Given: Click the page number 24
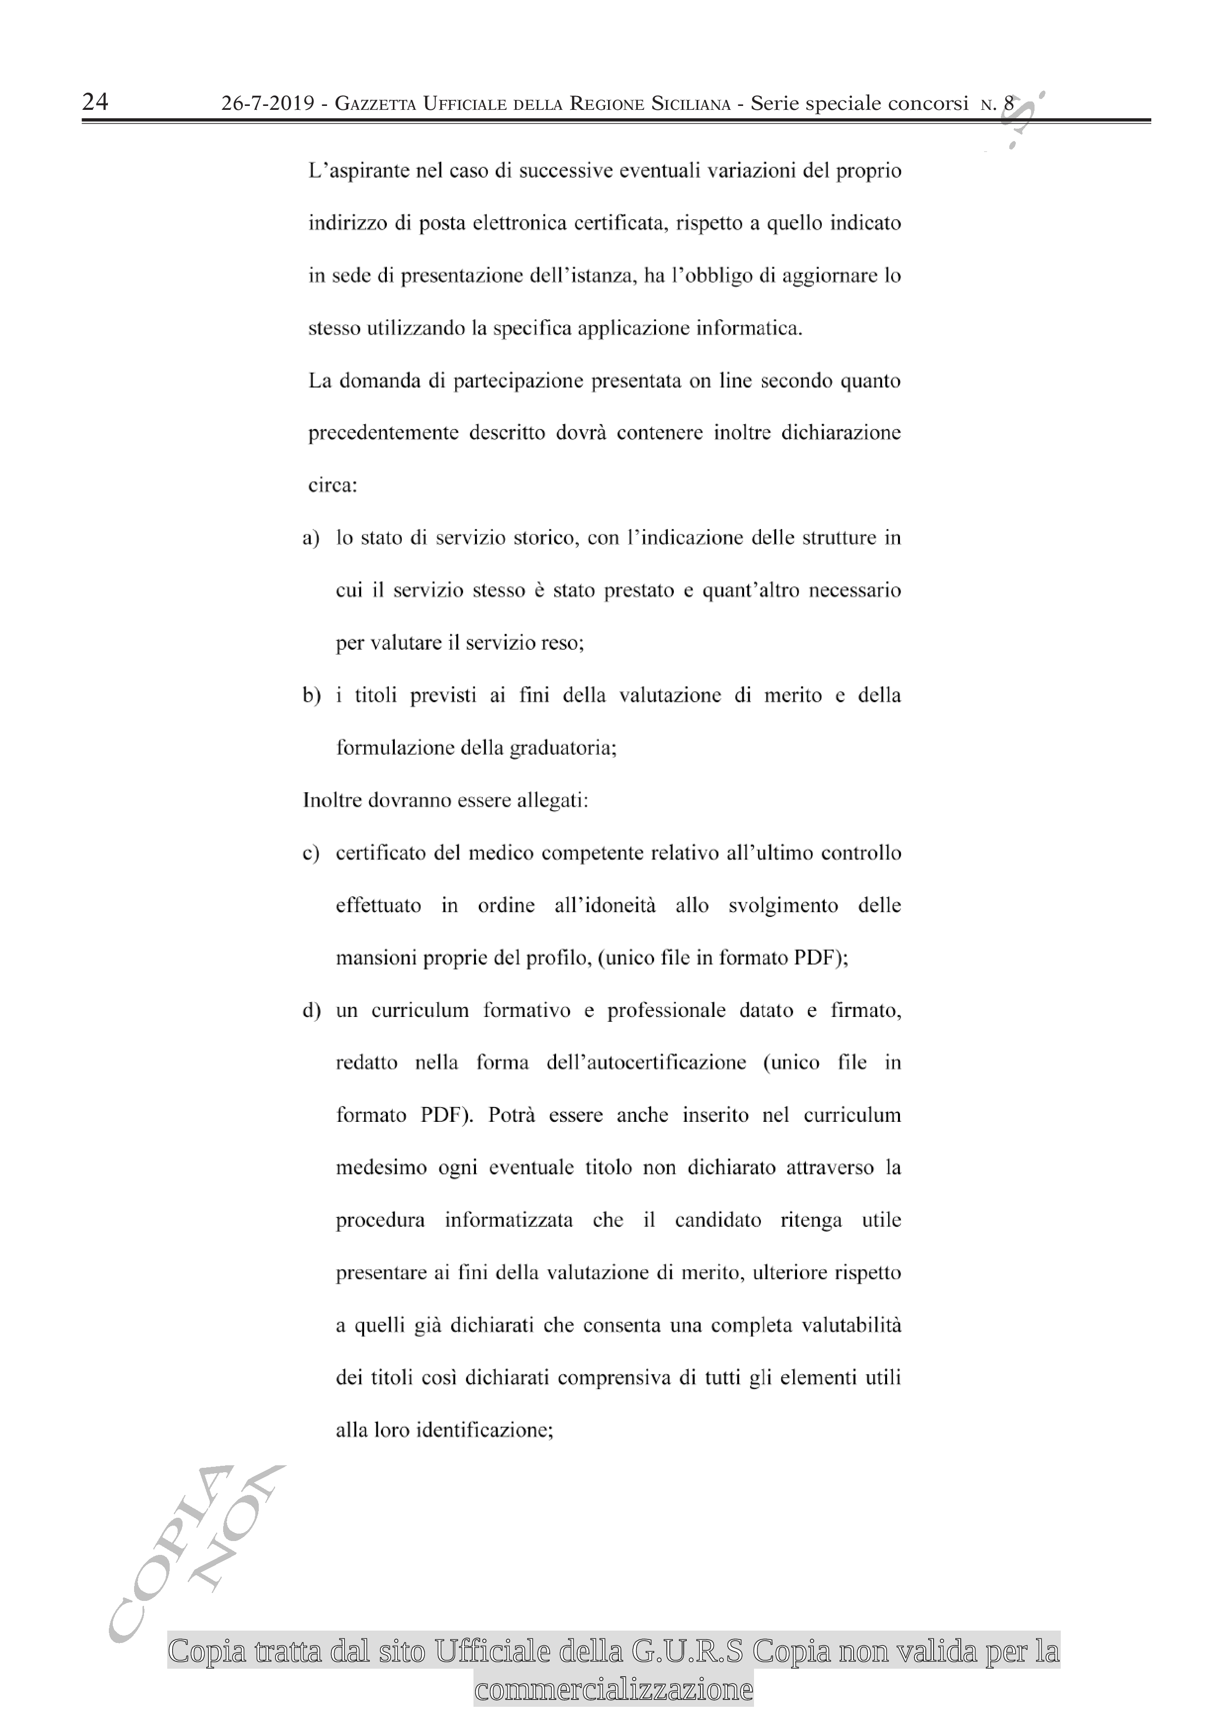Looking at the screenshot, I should click(95, 101).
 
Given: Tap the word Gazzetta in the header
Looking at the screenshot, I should click(375, 103).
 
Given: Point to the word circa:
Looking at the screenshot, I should click(332, 485).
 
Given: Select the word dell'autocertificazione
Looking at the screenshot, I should click(646, 1062).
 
